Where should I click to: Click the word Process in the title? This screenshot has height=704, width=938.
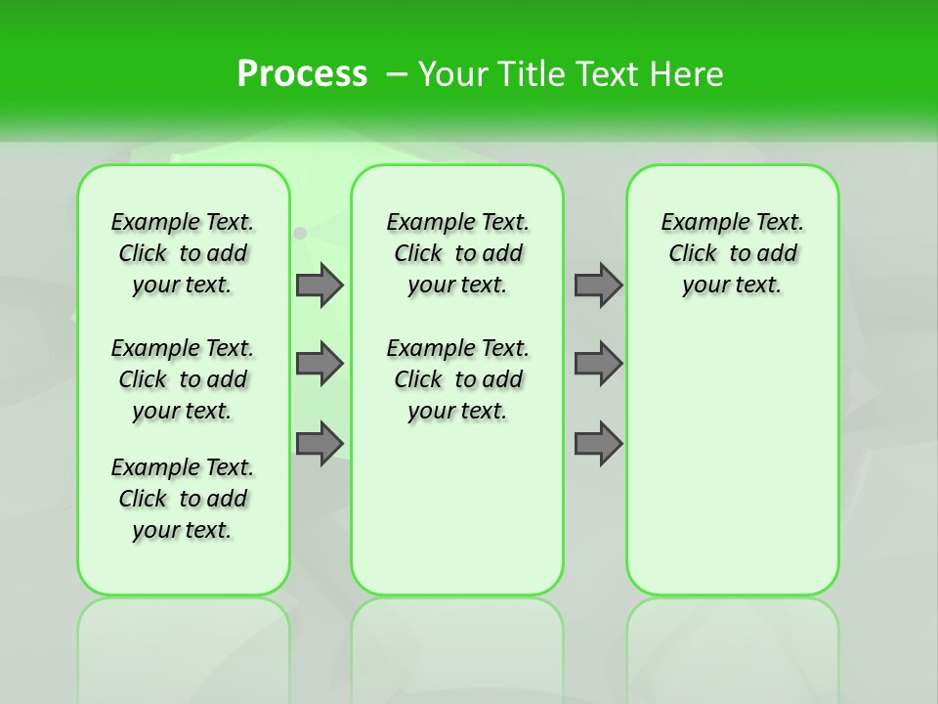[x=302, y=74]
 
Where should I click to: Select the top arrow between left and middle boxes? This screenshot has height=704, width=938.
[x=320, y=285]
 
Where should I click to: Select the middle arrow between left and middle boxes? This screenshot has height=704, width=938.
[x=320, y=364]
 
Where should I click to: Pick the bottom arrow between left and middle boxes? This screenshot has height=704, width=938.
[x=320, y=443]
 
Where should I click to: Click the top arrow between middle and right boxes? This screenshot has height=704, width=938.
[x=598, y=285]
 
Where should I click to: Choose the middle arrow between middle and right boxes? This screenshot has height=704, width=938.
[x=598, y=364]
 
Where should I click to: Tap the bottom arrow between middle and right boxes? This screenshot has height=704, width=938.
[x=598, y=443]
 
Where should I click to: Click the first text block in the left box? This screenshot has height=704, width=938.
[x=183, y=253]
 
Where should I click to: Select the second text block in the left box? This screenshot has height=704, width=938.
[x=183, y=379]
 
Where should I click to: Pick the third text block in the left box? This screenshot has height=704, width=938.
[x=183, y=499]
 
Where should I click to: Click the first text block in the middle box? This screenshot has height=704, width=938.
[x=458, y=253]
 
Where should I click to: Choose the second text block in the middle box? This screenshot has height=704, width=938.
[x=458, y=379]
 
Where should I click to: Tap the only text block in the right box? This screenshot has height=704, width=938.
[x=733, y=253]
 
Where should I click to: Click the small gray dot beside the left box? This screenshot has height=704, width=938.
[x=301, y=233]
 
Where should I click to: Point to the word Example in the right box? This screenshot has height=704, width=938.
[x=695, y=223]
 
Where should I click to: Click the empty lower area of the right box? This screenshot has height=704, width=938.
[x=733, y=469]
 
